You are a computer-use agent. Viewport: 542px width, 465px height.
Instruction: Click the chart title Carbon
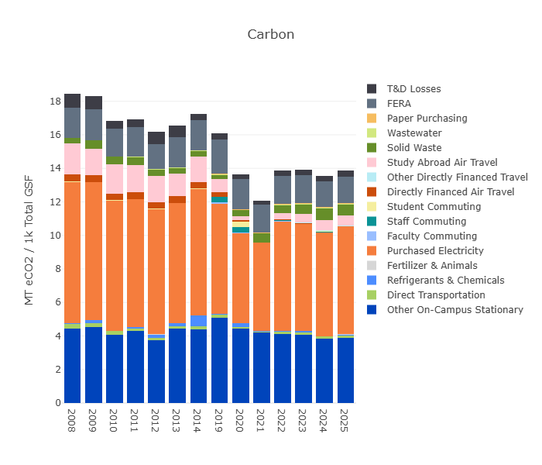(270, 35)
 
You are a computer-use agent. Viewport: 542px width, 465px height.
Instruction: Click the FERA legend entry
(400, 104)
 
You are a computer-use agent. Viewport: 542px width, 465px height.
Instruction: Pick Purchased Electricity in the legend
(434, 251)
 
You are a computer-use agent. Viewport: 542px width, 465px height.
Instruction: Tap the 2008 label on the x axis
(72, 416)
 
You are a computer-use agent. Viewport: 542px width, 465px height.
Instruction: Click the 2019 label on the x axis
(219, 416)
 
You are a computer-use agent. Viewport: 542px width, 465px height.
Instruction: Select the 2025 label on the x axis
(345, 416)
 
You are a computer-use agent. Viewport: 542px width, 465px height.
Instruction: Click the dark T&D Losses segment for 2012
(156, 138)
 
